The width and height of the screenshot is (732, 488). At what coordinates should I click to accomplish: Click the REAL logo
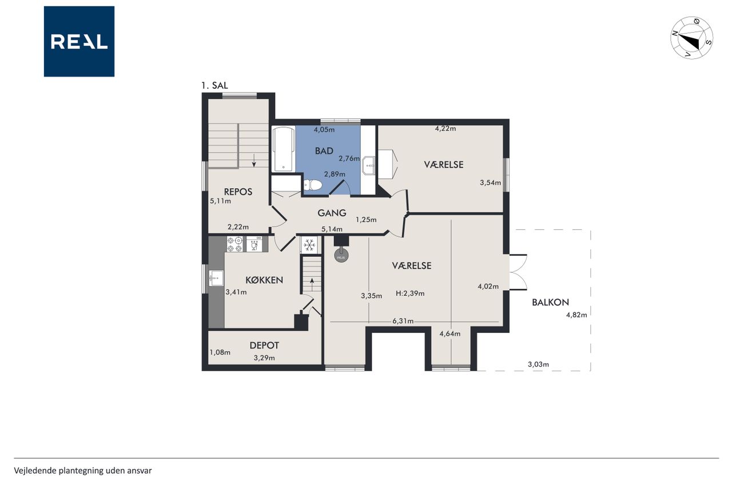pyautogui.click(x=79, y=42)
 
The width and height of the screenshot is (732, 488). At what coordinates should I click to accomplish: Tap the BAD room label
pyautogui.click(x=324, y=151)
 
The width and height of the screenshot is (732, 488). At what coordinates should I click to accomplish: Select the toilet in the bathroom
pyautogui.click(x=313, y=185)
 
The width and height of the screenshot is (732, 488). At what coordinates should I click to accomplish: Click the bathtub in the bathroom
pyautogui.click(x=283, y=149)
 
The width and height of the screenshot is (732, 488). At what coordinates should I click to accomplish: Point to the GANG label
pyautogui.click(x=332, y=213)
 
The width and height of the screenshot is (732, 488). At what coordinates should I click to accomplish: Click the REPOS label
pyautogui.click(x=238, y=192)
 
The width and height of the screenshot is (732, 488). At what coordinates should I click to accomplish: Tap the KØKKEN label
pyautogui.click(x=264, y=280)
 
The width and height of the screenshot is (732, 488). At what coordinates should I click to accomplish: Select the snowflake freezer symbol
pyautogui.click(x=309, y=244)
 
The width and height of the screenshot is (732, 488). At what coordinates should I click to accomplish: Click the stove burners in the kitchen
pyautogui.click(x=234, y=244)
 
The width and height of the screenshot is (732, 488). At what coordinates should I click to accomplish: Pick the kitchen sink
pyautogui.click(x=216, y=278)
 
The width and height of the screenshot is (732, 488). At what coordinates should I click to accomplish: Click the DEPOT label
pyautogui.click(x=264, y=346)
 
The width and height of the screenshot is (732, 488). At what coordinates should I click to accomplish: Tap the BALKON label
pyautogui.click(x=550, y=302)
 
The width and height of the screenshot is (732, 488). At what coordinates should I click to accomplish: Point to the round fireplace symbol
pyautogui.click(x=341, y=256)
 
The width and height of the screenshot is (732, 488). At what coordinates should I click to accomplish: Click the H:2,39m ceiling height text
pyautogui.click(x=410, y=293)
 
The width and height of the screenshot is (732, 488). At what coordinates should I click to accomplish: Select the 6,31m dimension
pyautogui.click(x=403, y=322)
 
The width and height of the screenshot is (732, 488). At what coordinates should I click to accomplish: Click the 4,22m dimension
pyautogui.click(x=445, y=129)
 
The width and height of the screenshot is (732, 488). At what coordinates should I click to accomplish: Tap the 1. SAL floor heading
pyautogui.click(x=214, y=86)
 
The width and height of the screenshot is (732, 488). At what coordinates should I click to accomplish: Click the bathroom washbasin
pyautogui.click(x=369, y=165)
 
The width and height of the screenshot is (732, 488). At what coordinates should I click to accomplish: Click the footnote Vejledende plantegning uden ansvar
pyautogui.click(x=83, y=471)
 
